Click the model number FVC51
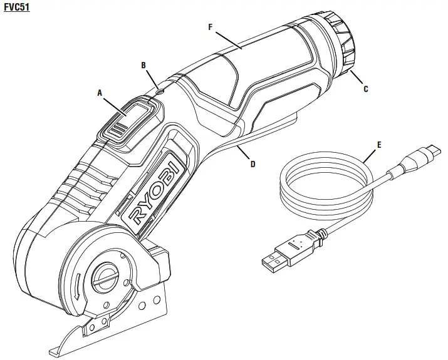16,8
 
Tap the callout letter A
99,92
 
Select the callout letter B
143,64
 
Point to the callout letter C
365,89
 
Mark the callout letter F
210,27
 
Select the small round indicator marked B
159,91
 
